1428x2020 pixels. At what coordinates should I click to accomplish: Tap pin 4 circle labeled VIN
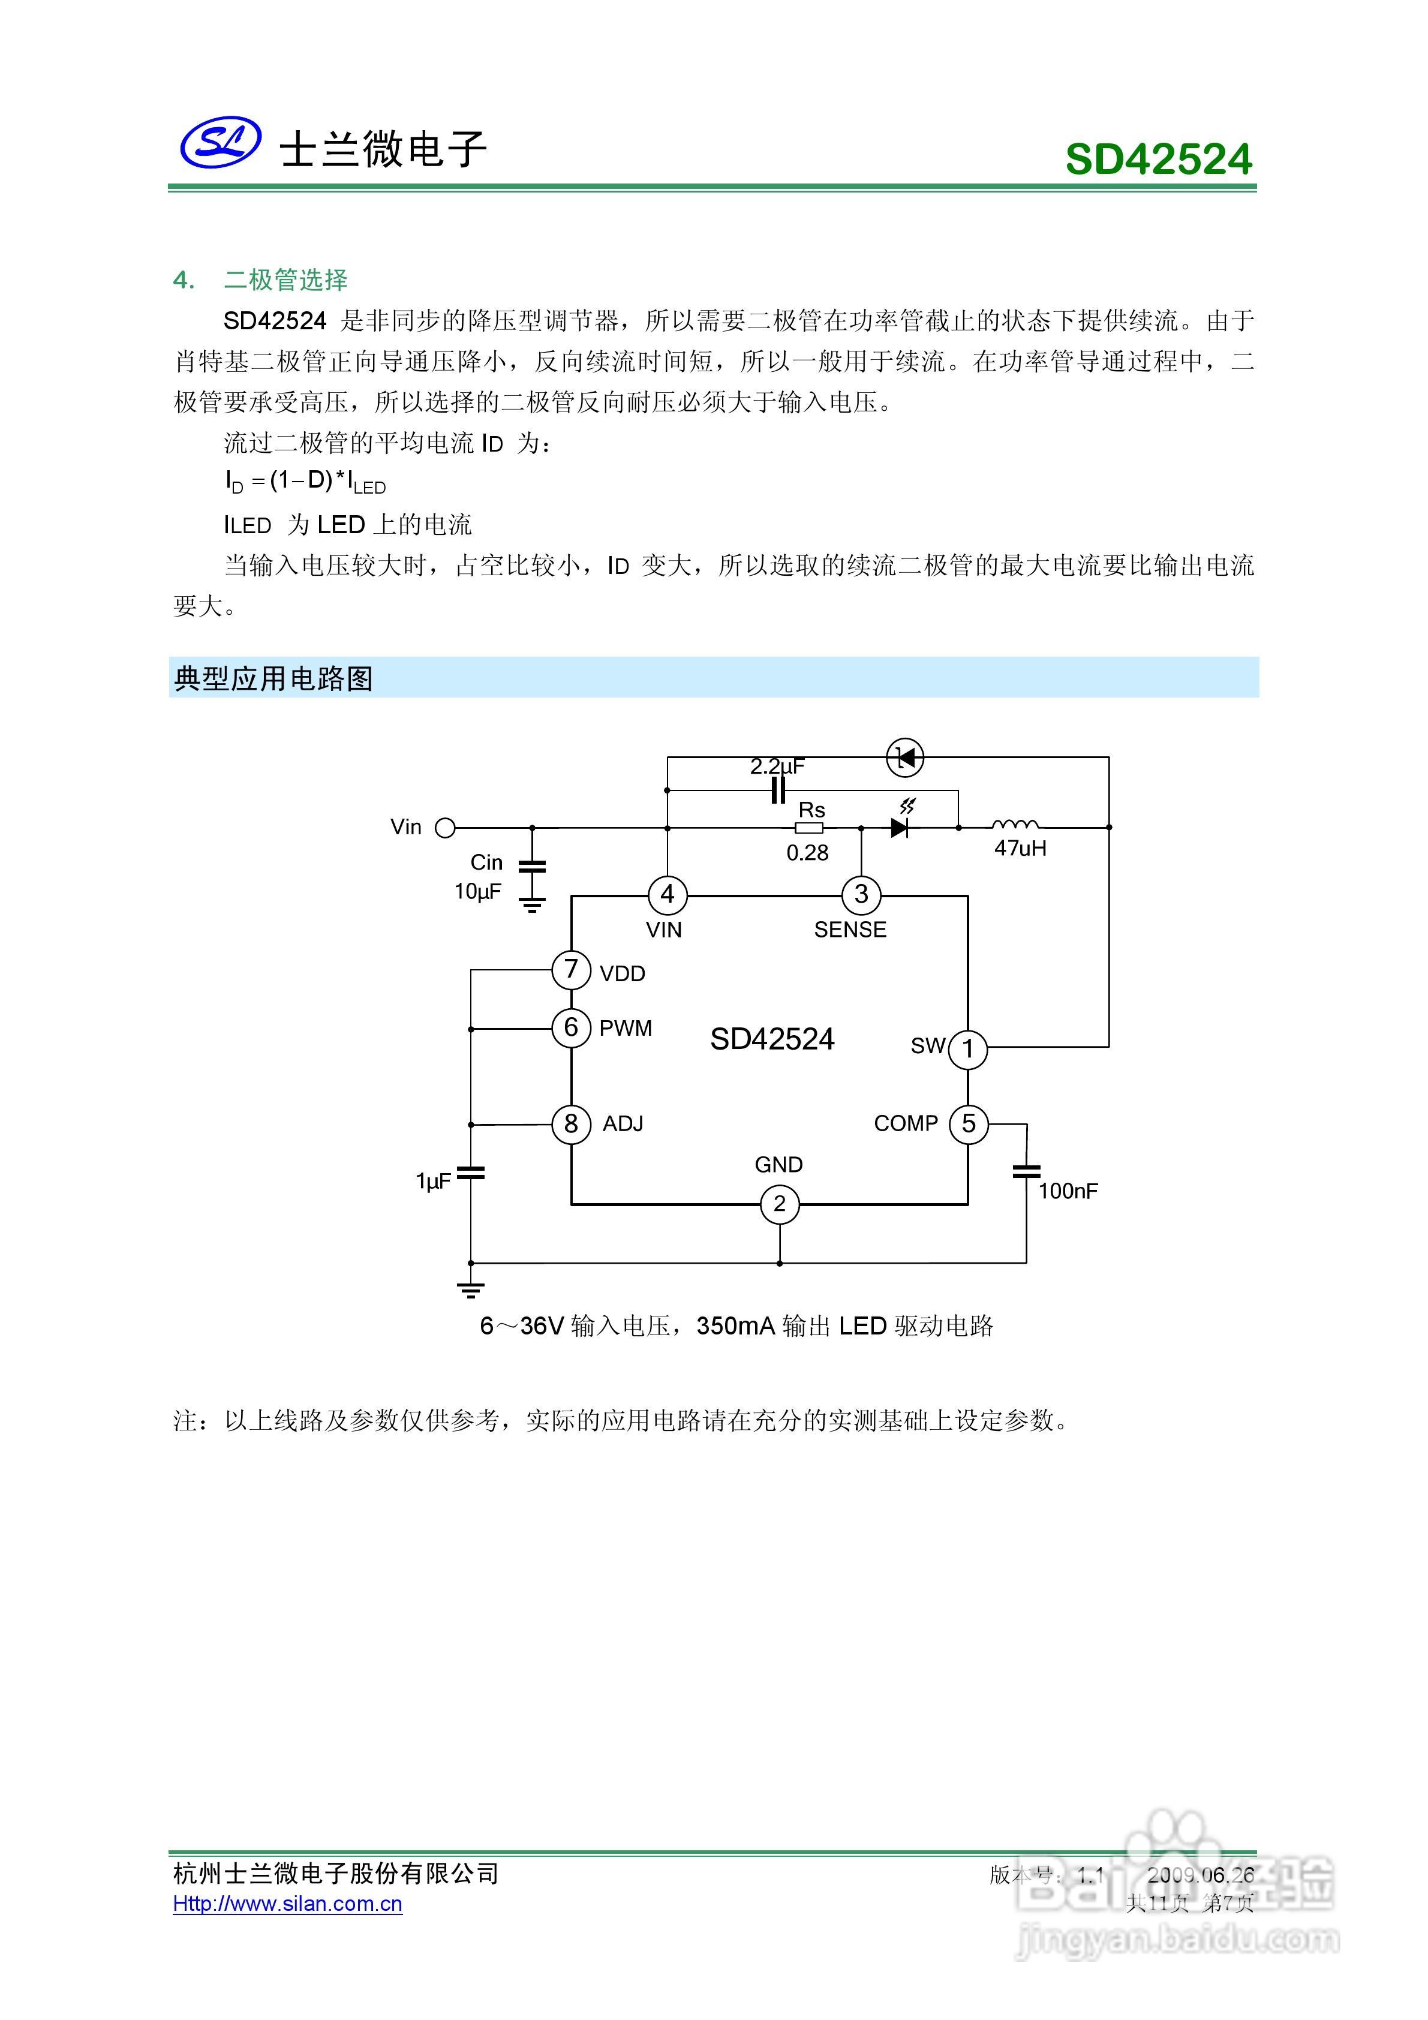[667, 895]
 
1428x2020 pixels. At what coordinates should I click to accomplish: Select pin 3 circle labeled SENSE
[861, 895]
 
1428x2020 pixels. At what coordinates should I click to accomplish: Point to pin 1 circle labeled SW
[968, 1049]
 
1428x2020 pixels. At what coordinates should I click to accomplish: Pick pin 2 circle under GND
[780, 1204]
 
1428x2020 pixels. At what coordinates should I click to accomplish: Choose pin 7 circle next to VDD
[571, 970]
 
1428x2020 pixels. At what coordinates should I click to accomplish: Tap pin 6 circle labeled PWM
[571, 1027]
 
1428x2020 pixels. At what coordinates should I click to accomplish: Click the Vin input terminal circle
[446, 827]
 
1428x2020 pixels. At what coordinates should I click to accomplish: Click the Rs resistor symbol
[808, 827]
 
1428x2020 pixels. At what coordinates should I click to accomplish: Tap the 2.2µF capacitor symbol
[778, 790]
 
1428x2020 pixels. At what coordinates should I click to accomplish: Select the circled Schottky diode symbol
[904, 757]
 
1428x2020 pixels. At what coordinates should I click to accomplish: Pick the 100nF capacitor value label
[1068, 1191]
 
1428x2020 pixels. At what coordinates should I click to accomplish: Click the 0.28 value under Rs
[808, 852]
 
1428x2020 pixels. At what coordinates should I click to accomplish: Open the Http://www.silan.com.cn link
[288, 1903]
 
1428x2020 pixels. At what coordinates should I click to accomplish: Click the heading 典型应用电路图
[273, 678]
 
